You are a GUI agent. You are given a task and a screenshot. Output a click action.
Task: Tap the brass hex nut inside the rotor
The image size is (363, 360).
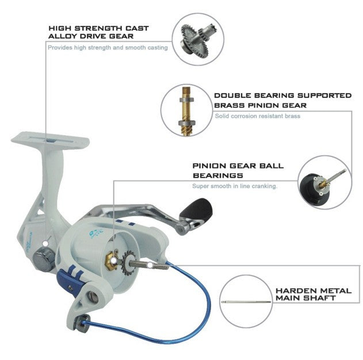pyautogui.click(x=112, y=261)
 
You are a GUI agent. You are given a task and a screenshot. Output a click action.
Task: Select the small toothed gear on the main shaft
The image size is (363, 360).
pyautogui.click(x=127, y=263)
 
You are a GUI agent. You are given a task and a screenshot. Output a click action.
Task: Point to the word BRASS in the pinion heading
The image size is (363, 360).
pyautogui.click(x=229, y=105)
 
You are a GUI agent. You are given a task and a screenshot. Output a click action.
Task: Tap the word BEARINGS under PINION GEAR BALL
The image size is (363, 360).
pyautogui.click(x=218, y=175)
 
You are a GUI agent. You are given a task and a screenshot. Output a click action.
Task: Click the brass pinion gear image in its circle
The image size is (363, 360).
pyautogui.click(x=186, y=111)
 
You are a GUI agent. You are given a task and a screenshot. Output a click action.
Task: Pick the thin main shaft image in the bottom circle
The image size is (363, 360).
pyautogui.click(x=246, y=302)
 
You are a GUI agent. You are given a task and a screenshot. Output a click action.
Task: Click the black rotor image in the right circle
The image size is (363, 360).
pyautogui.click(x=320, y=187)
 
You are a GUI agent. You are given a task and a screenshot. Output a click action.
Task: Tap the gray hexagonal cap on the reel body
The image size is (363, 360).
pyautogui.click(x=44, y=259)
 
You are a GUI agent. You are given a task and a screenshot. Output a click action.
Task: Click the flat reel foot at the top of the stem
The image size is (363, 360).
pyautogui.click(x=50, y=140)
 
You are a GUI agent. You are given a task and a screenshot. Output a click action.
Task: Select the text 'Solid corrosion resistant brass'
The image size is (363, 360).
pyautogui.click(x=257, y=116)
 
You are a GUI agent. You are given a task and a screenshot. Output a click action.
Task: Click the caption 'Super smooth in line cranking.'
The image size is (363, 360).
pyautogui.click(x=235, y=186)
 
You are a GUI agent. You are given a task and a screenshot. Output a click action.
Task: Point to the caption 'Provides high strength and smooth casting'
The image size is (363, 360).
pyautogui.click(x=108, y=48)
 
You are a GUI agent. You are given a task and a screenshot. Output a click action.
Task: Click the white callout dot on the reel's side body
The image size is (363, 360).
pyautogui.click(x=46, y=243)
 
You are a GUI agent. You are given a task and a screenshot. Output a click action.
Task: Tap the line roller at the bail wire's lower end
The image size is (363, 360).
pyautogui.click(x=82, y=323)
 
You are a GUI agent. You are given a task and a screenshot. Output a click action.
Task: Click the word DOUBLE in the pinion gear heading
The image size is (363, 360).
pyautogui.click(x=231, y=95)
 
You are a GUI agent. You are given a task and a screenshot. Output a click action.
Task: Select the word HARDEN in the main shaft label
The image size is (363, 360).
pyautogui.click(x=293, y=290)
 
